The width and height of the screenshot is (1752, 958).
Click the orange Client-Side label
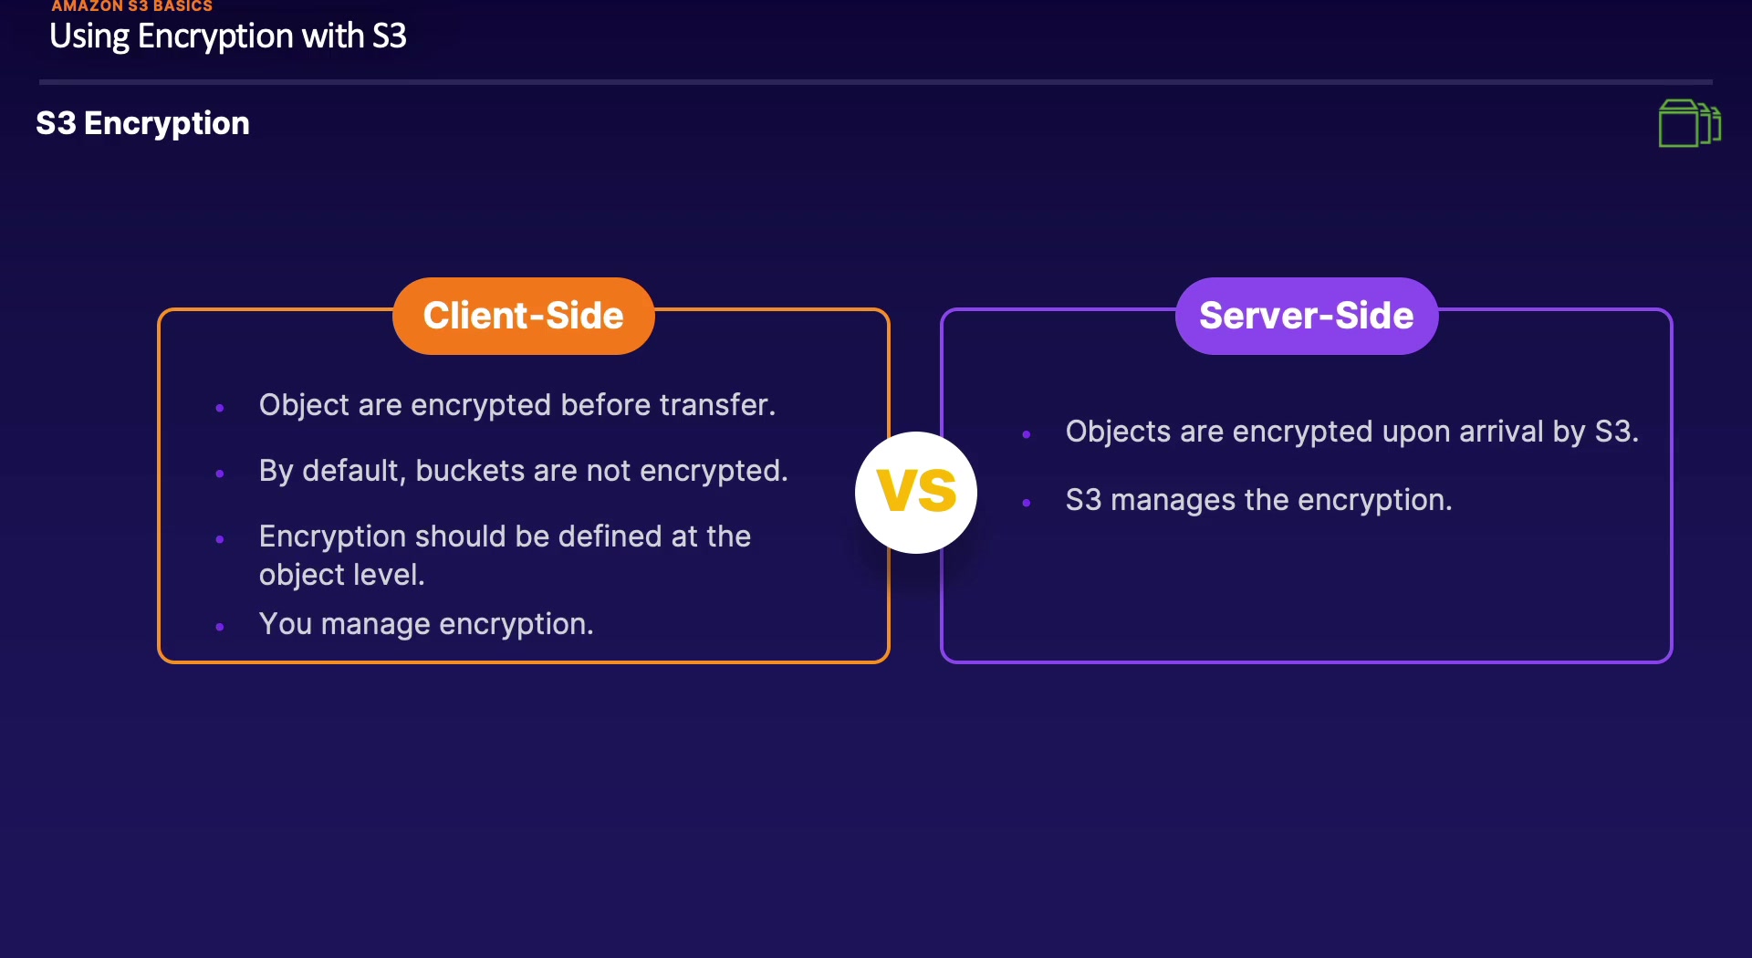coord(523,316)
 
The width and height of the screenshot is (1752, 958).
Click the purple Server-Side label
coord(1306,316)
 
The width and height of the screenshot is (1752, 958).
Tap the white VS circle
coord(916,492)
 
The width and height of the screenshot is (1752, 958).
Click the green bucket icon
coord(1689,123)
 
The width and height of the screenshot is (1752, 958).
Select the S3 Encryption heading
coord(142,123)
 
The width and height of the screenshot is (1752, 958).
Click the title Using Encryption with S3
coord(227,36)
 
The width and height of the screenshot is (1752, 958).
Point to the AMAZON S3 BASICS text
coord(131,6)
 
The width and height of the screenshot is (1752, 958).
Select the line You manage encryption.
coord(426,624)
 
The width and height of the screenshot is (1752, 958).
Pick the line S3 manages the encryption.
coord(1258,500)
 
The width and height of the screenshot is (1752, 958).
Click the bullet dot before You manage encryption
coord(220,627)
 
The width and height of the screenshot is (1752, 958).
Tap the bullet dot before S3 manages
coord(1027,503)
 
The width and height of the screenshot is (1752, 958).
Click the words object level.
coord(341,575)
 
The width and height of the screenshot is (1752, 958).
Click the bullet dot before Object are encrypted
coord(220,408)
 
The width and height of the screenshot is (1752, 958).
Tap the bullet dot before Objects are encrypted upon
coord(1027,434)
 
